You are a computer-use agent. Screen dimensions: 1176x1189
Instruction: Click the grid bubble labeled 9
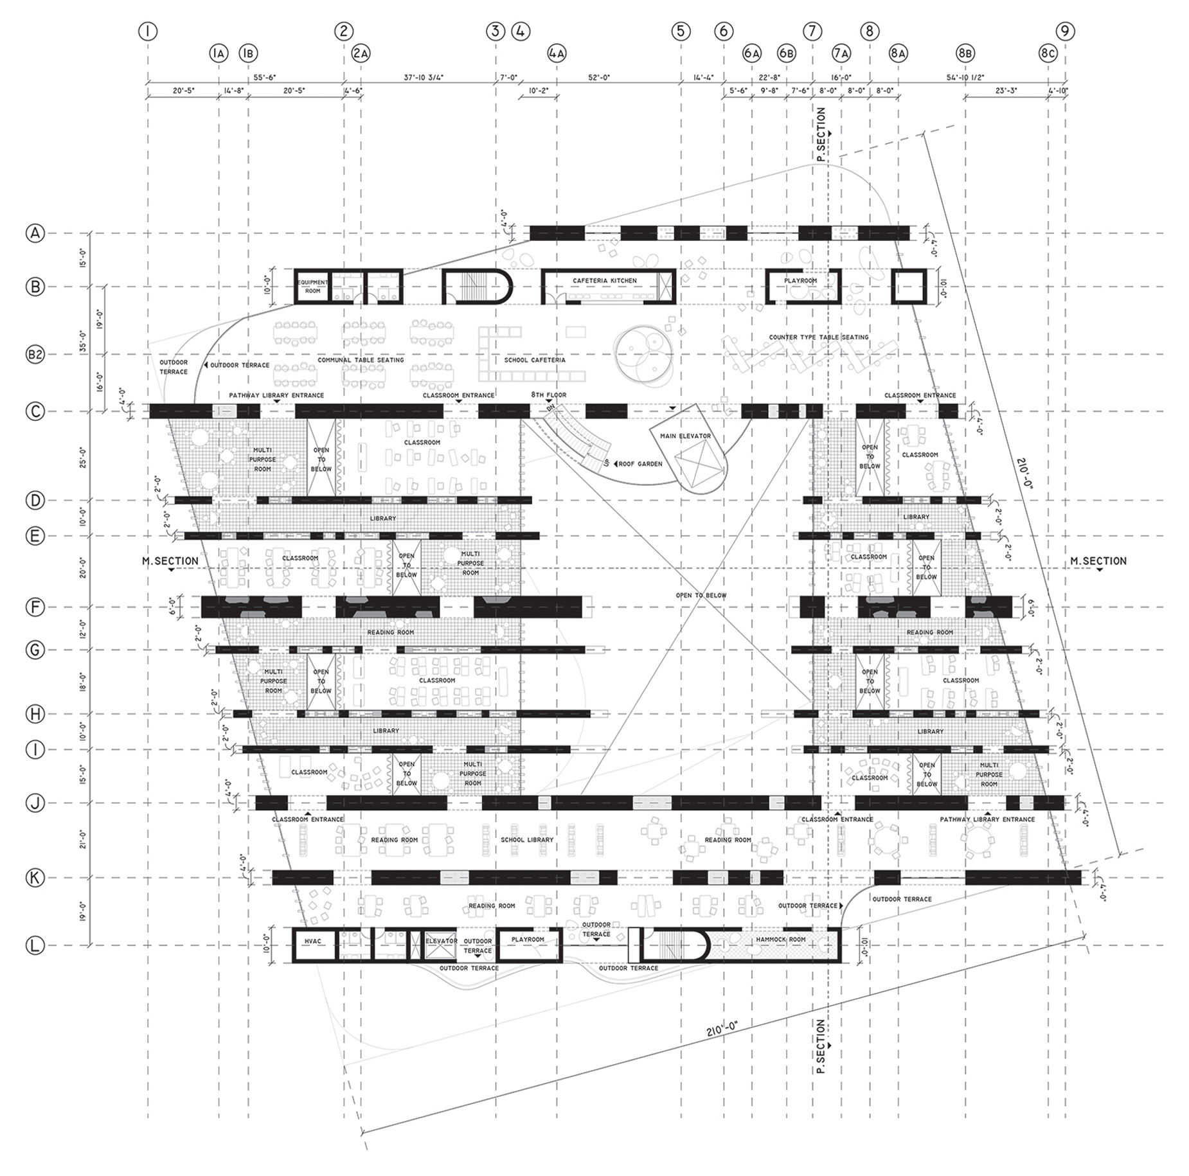pyautogui.click(x=1065, y=31)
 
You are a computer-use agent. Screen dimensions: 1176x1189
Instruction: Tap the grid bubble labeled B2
pyautogui.click(x=35, y=355)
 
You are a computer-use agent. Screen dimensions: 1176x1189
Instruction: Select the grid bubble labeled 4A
pyautogui.click(x=557, y=53)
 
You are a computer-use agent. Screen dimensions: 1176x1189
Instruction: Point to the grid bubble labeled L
pyautogui.click(x=35, y=945)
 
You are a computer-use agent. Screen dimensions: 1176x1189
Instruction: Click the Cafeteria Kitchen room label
pyautogui.click(x=605, y=281)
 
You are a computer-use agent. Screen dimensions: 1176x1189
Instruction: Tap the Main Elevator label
pyautogui.click(x=685, y=436)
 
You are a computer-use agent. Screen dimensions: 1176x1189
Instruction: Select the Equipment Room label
pyautogui.click(x=312, y=287)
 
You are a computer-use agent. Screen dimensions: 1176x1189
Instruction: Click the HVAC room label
pyautogui.click(x=312, y=941)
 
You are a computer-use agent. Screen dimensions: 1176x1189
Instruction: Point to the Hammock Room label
pyautogui.click(x=780, y=940)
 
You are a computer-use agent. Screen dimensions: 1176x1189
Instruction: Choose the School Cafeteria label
pyautogui.click(x=535, y=361)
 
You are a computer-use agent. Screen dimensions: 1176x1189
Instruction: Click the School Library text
pyautogui.click(x=527, y=840)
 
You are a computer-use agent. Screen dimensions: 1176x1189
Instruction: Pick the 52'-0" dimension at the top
pyautogui.click(x=599, y=78)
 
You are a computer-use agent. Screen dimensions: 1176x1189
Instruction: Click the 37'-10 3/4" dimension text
pyautogui.click(x=424, y=78)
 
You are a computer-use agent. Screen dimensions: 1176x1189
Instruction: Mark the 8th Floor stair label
pyautogui.click(x=548, y=395)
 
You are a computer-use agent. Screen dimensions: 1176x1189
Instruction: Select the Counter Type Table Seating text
pyautogui.click(x=818, y=337)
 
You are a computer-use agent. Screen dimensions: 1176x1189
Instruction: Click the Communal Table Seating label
pyautogui.click(x=361, y=361)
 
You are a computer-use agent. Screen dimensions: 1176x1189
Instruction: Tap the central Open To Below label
pyautogui.click(x=701, y=596)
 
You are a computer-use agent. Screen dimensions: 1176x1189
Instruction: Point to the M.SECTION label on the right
pyautogui.click(x=1098, y=561)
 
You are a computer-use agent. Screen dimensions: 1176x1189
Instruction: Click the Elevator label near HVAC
pyautogui.click(x=442, y=941)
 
